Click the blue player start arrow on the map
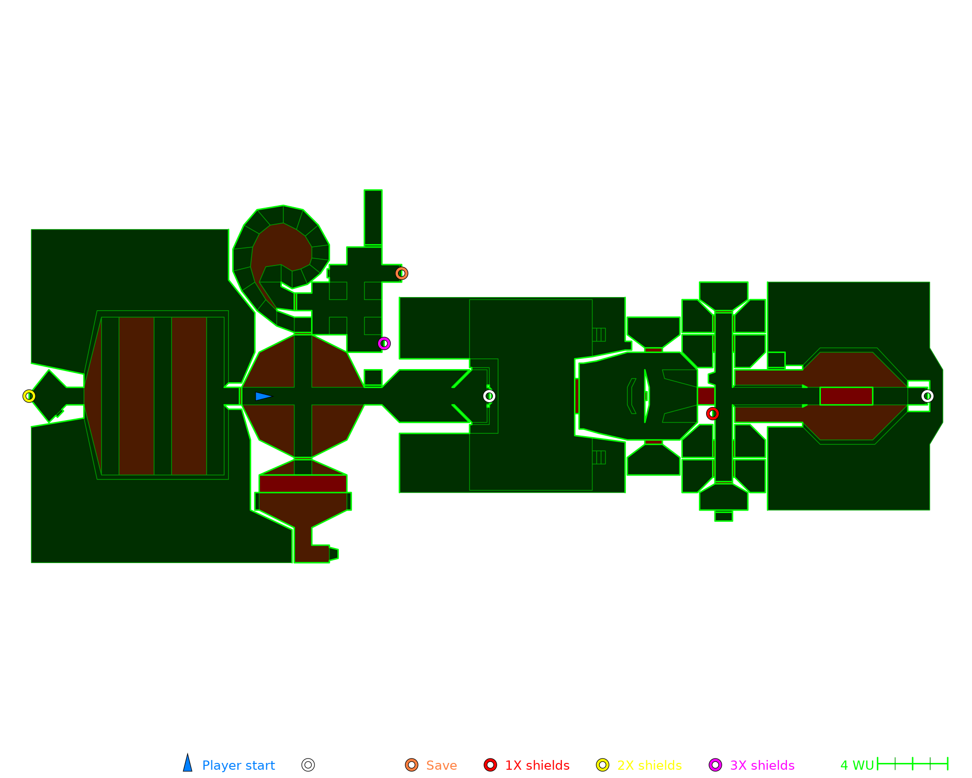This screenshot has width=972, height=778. (263, 396)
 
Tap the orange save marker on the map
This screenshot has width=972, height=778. (401, 273)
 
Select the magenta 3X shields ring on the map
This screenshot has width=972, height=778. (384, 343)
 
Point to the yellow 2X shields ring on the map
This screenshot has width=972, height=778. (29, 396)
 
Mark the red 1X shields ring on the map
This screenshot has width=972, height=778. (712, 413)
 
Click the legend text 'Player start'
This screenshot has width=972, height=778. (238, 765)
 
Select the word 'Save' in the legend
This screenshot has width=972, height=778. (441, 765)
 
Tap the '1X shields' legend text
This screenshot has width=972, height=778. (537, 765)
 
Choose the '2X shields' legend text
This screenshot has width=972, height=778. (649, 765)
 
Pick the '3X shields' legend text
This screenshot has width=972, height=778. (762, 765)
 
